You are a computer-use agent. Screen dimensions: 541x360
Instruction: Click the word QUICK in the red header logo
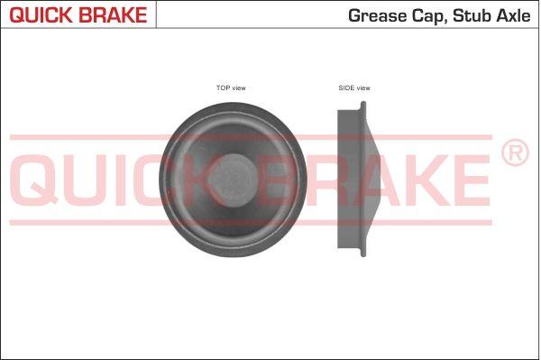tap(41, 14)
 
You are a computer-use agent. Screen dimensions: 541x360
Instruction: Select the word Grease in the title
tap(377, 16)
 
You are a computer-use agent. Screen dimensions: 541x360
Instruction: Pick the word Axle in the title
tap(513, 16)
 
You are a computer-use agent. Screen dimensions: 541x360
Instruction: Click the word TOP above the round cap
tap(223, 88)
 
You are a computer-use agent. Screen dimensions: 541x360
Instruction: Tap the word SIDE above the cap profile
tap(346, 88)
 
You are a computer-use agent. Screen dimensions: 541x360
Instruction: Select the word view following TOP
tap(239, 88)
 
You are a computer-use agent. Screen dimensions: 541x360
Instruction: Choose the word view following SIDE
tap(363, 88)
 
